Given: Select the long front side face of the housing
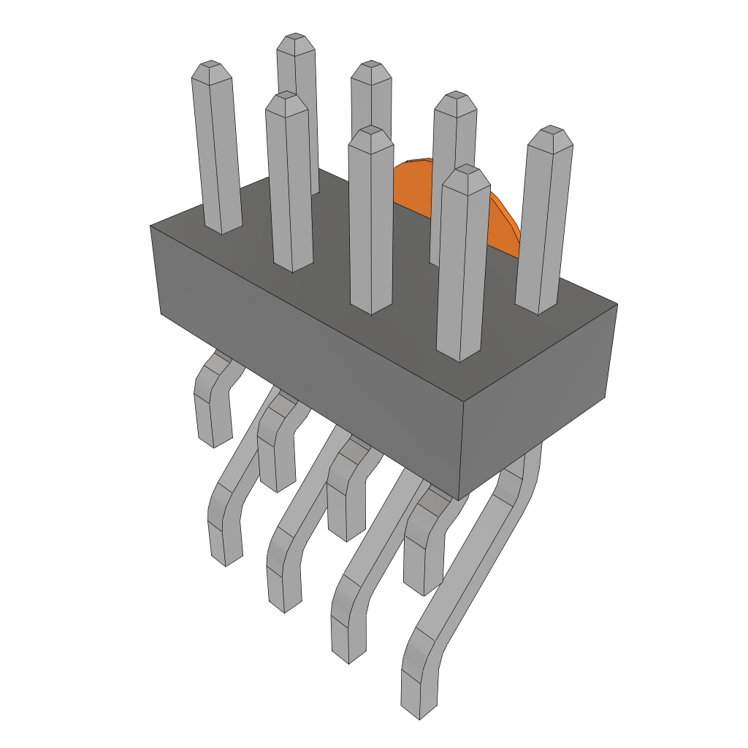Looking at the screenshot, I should pyautogui.click(x=307, y=365).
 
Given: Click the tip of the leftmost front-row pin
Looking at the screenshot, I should pyautogui.click(x=212, y=69).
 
